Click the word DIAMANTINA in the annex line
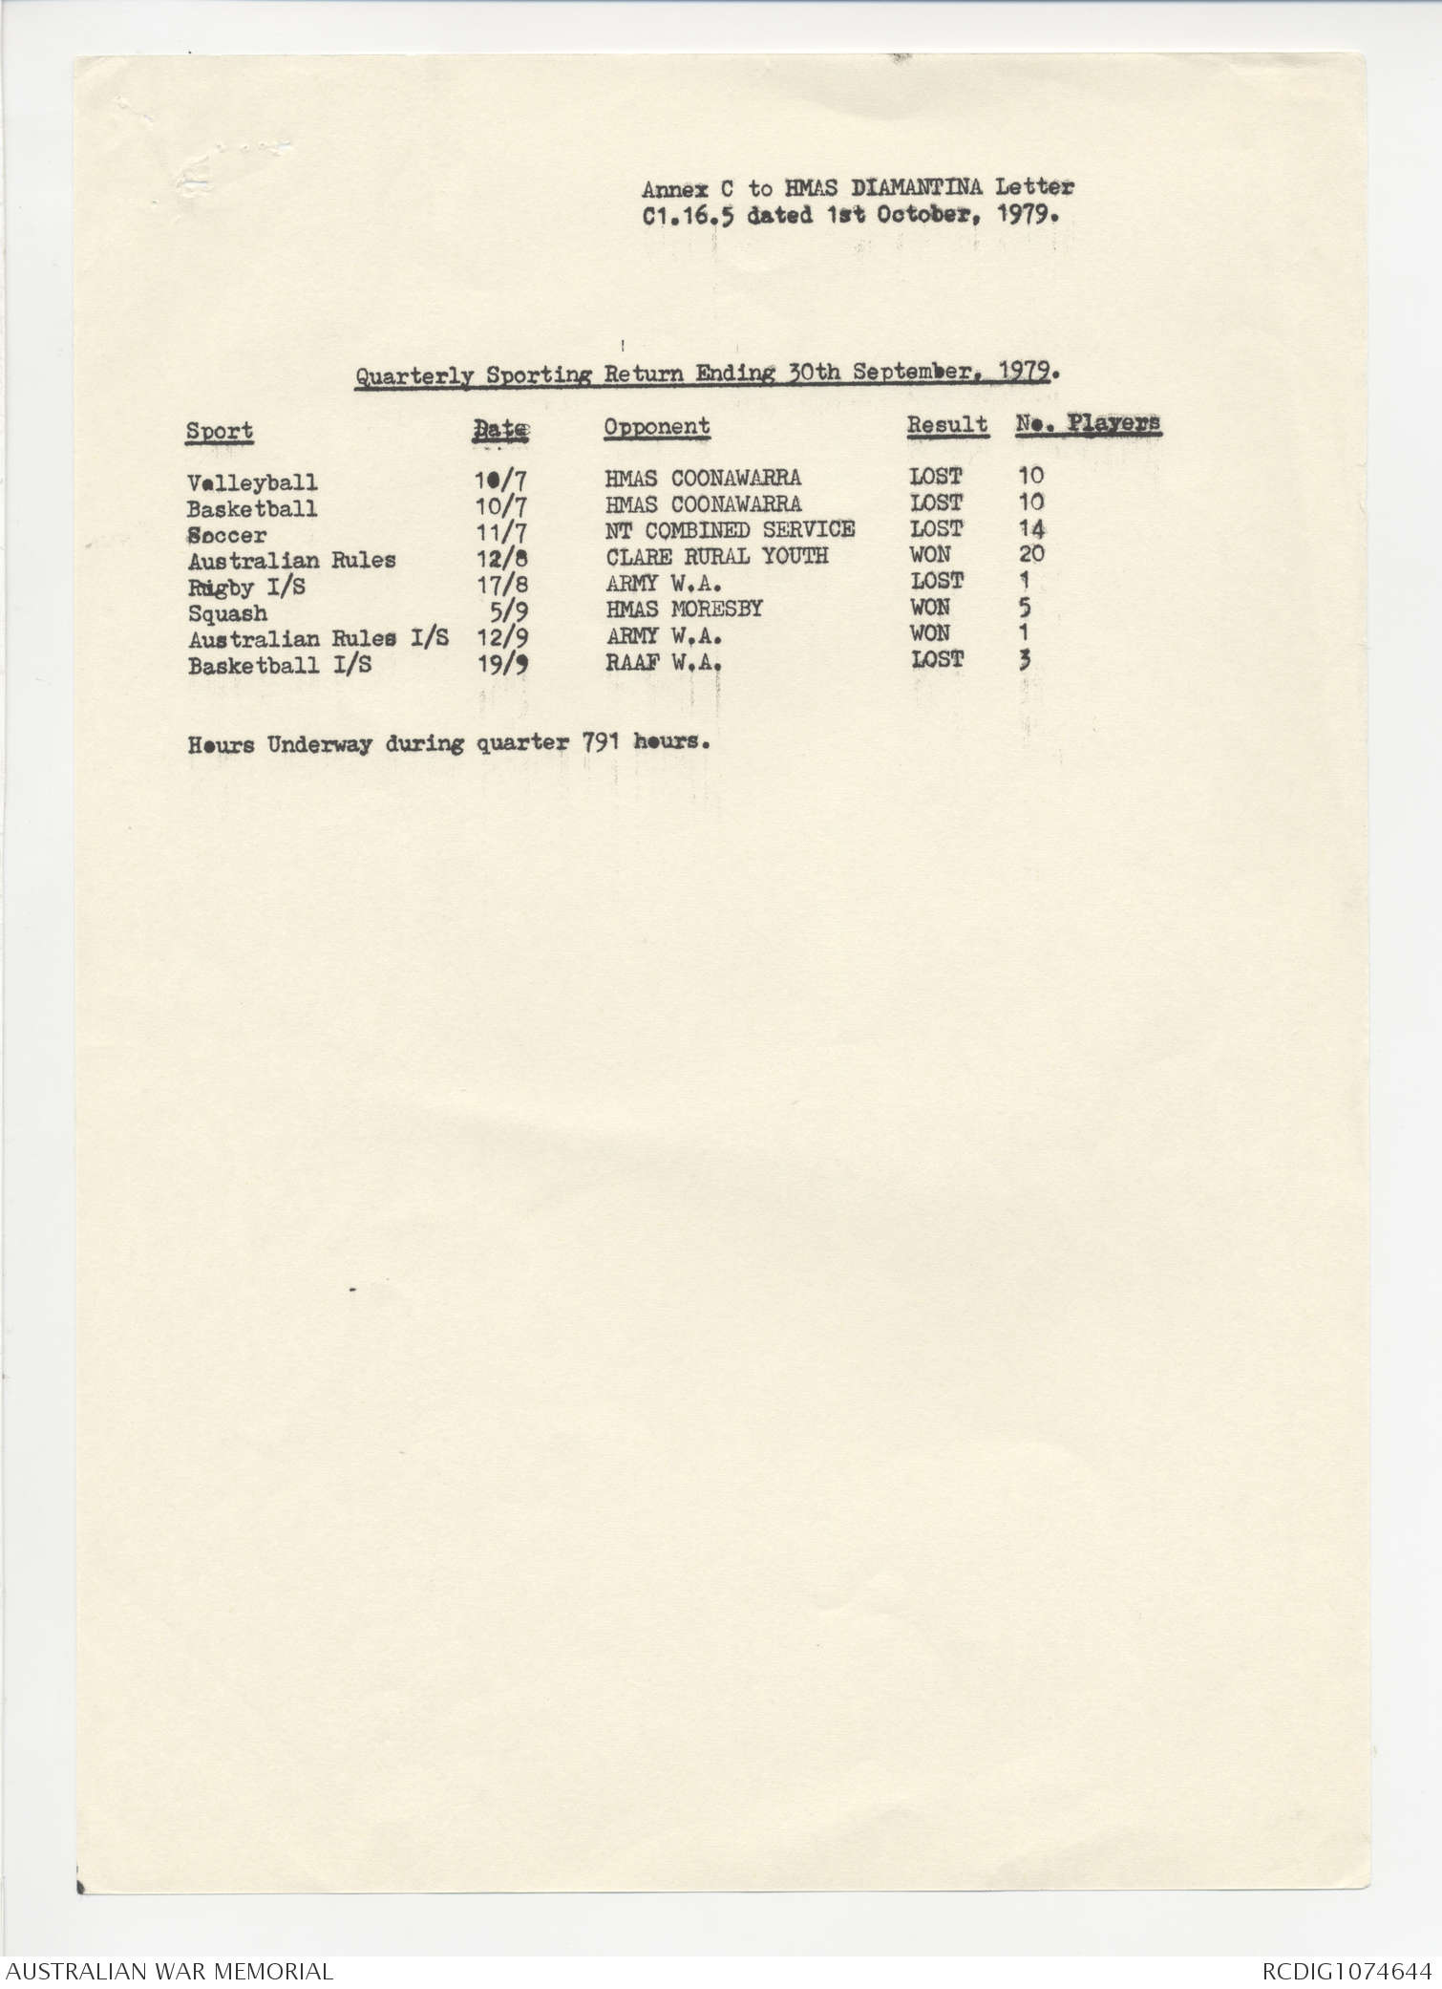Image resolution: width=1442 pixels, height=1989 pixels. (916, 188)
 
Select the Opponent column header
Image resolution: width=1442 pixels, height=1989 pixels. (656, 427)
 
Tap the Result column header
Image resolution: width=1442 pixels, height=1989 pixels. (946, 425)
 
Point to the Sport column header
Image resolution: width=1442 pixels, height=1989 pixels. (220, 431)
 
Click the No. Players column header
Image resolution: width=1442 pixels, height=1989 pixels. (1088, 423)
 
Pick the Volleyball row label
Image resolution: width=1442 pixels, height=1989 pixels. (252, 482)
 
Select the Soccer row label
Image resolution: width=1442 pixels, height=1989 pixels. (227, 535)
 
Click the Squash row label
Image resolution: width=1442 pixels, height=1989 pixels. (227, 613)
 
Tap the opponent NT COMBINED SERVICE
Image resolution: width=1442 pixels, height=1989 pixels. (730, 529)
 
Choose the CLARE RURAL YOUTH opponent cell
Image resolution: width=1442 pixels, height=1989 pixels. (716, 555)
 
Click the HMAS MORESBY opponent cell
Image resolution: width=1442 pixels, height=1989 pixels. (684, 609)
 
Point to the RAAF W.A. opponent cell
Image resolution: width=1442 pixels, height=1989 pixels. (663, 661)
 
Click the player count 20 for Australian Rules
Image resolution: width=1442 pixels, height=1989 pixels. (1031, 554)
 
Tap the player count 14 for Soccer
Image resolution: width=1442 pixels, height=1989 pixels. (1031, 528)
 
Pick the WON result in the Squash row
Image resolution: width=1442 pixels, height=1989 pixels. (930, 607)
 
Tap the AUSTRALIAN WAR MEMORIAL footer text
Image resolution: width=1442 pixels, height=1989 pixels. (169, 1970)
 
